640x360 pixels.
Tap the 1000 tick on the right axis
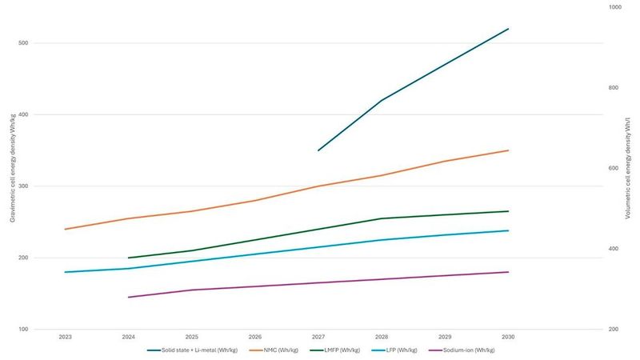tap(614, 7)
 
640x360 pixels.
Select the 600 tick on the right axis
tap(614, 169)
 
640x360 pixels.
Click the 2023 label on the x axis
tap(65, 338)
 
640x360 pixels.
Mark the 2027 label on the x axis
tap(318, 338)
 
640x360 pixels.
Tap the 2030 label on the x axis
tap(508, 338)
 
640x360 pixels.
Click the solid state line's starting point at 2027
tap(318, 150)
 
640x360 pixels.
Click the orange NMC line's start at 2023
tap(66, 230)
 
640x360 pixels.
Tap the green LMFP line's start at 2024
tap(129, 258)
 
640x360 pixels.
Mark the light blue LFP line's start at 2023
tap(66, 272)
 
